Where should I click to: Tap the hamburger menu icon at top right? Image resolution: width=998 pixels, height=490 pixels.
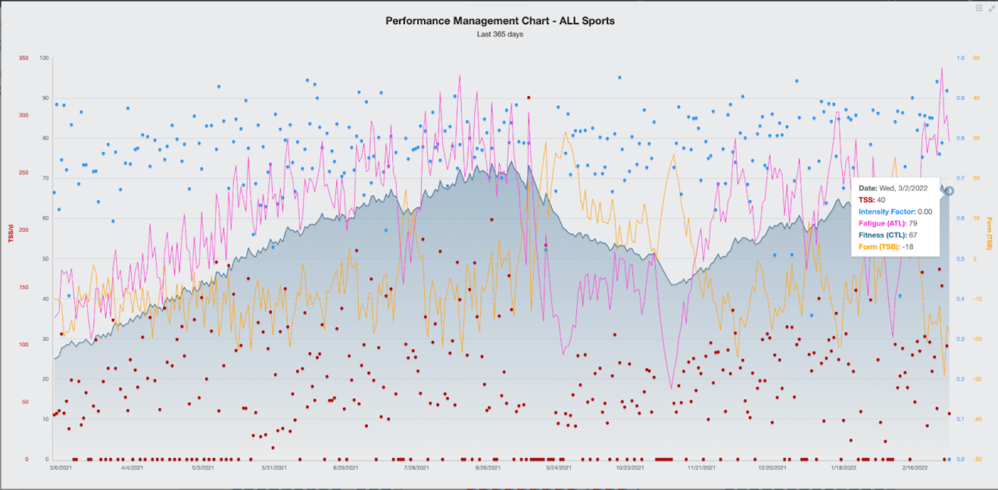(979, 9)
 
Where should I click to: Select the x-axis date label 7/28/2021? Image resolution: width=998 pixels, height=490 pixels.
(416, 468)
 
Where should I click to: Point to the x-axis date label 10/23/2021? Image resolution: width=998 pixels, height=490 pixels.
(630, 468)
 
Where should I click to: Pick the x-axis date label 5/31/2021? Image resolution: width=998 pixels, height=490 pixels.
(274, 468)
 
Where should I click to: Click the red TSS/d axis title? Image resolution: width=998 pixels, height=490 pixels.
(11, 231)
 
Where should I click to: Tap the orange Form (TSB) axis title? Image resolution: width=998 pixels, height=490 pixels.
(989, 234)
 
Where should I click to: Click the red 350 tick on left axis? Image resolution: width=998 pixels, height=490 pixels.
(23, 59)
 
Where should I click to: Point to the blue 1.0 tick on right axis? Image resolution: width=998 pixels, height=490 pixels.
(961, 59)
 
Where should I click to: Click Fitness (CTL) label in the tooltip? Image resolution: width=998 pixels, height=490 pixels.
(883, 235)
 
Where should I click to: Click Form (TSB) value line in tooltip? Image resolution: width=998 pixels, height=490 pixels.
(886, 247)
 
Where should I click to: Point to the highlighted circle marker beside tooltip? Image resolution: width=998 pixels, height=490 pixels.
(949, 191)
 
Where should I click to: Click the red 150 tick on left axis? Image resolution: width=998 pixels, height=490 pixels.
(23, 288)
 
